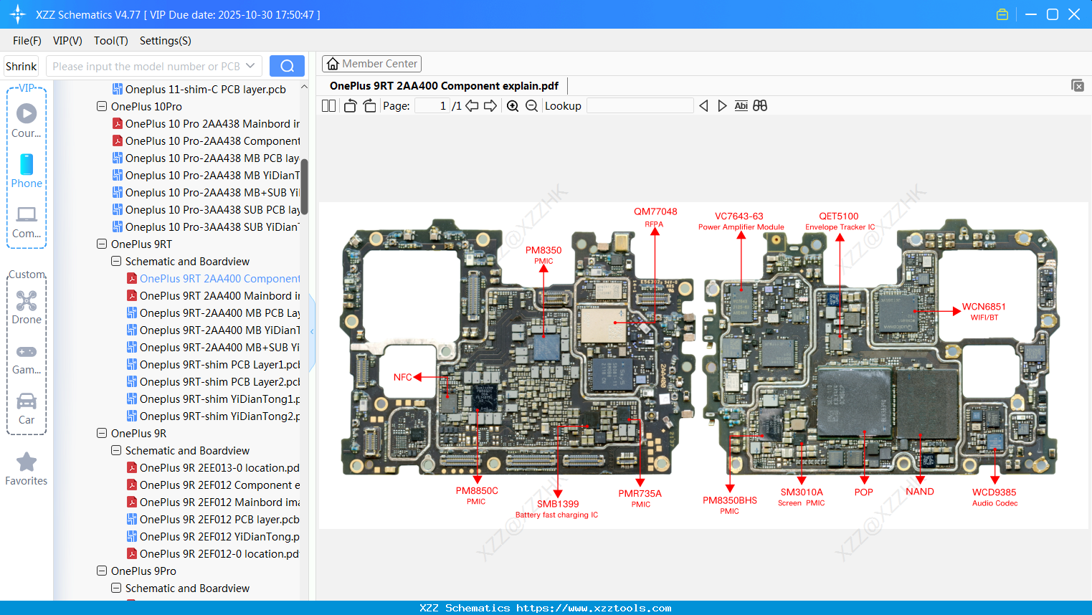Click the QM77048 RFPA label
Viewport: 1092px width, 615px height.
tap(655, 212)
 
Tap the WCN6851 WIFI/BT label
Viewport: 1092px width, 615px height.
tap(983, 307)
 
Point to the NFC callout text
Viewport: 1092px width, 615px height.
tap(402, 377)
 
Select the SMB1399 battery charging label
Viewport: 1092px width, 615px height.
tap(557, 505)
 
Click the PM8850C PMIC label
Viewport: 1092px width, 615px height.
tap(476, 492)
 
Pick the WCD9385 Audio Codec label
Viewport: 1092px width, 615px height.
tap(994, 493)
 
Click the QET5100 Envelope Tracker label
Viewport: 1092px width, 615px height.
tap(838, 216)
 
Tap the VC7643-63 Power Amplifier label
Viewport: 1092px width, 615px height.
tap(739, 216)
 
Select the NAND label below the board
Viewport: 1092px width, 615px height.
tap(919, 492)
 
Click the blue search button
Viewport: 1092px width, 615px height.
tap(287, 66)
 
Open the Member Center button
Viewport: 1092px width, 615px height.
tap(371, 64)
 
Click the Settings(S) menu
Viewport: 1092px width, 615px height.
tap(165, 41)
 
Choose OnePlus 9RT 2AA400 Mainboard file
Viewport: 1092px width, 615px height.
tap(219, 296)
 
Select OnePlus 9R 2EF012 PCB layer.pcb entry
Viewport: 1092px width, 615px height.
tap(219, 520)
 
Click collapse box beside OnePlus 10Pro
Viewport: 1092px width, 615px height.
tap(102, 107)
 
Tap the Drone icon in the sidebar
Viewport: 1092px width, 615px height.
tap(27, 302)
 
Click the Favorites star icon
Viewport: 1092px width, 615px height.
tap(27, 462)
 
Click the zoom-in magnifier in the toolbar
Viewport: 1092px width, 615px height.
tap(513, 106)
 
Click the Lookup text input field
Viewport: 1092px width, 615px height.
tap(640, 106)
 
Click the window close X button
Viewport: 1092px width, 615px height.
tap(1073, 14)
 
